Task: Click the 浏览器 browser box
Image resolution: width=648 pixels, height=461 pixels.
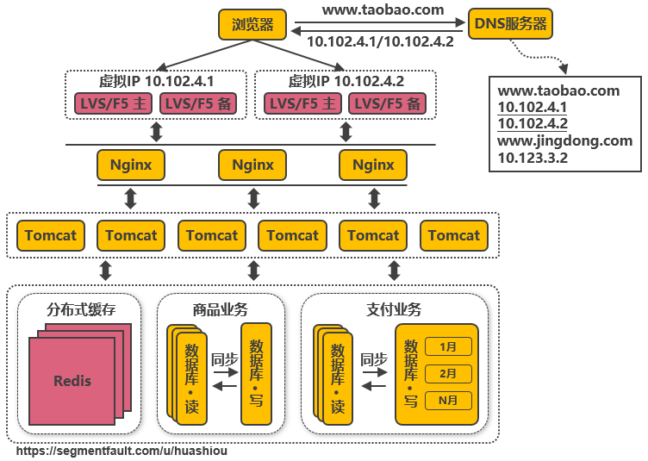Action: (252, 24)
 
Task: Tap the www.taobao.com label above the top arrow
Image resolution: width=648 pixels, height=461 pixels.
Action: (383, 10)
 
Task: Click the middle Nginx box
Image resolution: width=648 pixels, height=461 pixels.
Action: (252, 165)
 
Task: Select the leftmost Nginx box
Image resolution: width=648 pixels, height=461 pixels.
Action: (131, 165)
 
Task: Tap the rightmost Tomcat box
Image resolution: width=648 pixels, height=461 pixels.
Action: (453, 235)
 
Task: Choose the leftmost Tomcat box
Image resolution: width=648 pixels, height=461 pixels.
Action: (50, 235)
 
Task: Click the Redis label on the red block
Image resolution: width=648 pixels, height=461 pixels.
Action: (72, 381)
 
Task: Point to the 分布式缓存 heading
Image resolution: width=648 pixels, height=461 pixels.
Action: (80, 308)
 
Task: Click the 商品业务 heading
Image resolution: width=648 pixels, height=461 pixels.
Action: (220, 308)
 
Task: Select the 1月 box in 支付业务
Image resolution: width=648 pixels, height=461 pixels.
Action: (448, 347)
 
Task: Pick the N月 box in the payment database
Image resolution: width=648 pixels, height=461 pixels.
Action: (448, 400)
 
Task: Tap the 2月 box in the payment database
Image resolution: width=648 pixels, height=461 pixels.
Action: (448, 374)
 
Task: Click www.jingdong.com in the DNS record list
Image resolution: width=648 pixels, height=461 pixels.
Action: (564, 140)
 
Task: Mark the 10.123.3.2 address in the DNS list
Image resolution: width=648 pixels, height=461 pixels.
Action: (533, 158)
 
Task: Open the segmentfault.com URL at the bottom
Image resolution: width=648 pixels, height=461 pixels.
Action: (122, 451)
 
